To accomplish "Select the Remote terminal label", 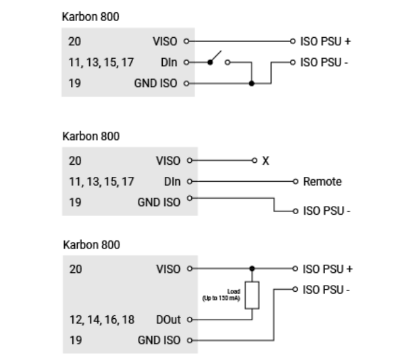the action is [x=322, y=182].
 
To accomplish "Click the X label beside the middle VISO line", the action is [x=266, y=161].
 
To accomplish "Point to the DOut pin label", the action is [x=168, y=319].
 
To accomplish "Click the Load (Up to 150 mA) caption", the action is [x=221, y=295].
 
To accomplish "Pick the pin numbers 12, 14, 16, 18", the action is [x=102, y=319].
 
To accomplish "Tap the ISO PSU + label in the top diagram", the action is [x=326, y=41].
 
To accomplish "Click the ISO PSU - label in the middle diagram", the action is [x=326, y=211].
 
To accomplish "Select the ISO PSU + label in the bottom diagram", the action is [x=328, y=269].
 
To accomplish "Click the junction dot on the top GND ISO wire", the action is [x=251, y=83].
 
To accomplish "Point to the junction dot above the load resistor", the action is [x=252, y=269].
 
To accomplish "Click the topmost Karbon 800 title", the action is [x=91, y=17].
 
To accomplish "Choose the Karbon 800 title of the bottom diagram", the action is [x=91, y=245].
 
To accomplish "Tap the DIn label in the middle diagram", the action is [x=172, y=182].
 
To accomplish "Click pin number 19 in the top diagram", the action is [x=74, y=83].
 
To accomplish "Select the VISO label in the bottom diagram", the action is [x=168, y=269].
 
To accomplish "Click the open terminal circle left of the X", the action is [x=254, y=161].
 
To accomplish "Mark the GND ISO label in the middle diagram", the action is [x=159, y=202].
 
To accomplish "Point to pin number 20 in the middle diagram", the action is [x=75, y=161].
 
